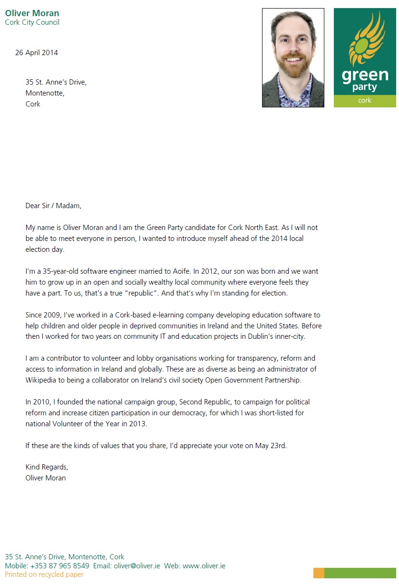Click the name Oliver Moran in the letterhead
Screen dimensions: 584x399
(32, 13)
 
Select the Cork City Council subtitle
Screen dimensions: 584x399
(32, 22)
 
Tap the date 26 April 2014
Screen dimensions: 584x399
(37, 53)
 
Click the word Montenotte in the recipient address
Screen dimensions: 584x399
(45, 93)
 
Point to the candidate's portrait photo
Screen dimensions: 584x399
(293, 57)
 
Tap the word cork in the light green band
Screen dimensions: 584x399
(365, 101)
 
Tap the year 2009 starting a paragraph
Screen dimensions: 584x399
(52, 315)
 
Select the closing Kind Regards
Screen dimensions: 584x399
(47, 467)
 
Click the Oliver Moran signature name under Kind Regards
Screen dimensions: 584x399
(46, 478)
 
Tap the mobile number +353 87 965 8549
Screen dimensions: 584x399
(59, 566)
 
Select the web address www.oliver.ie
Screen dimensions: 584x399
(204, 566)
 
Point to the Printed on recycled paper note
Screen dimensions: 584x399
(44, 574)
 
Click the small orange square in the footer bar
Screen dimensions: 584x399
(319, 573)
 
